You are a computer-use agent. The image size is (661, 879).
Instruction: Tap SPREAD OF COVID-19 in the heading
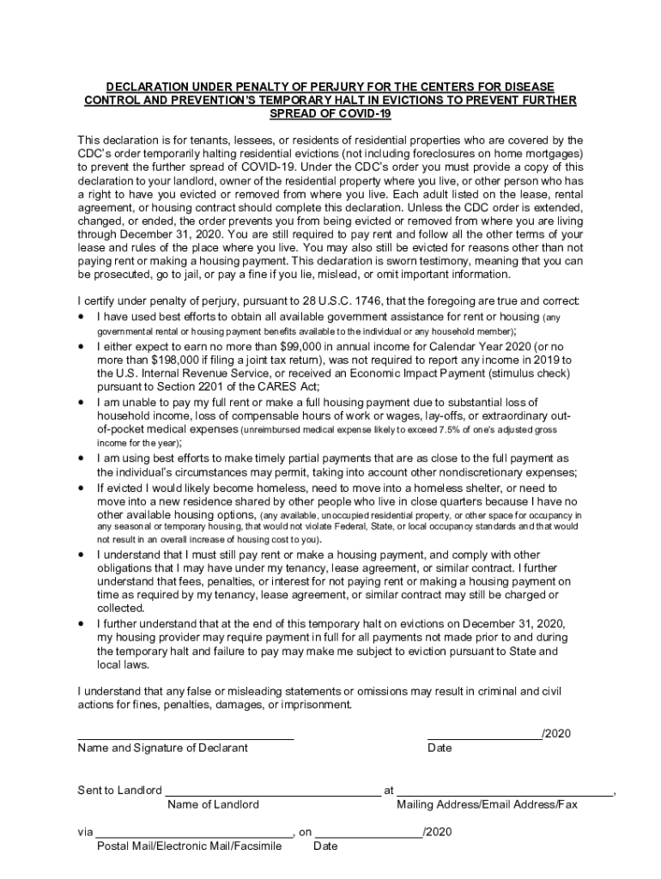click(330, 113)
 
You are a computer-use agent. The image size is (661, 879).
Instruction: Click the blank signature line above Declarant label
click(185, 738)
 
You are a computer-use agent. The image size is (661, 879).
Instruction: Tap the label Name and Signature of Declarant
click(162, 748)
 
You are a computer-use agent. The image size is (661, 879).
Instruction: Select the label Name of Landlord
click(213, 804)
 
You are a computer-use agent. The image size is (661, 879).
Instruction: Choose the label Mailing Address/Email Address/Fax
click(487, 804)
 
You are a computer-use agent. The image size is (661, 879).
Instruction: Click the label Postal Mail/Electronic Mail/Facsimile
click(189, 846)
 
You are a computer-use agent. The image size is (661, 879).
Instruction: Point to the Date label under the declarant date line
click(439, 748)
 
